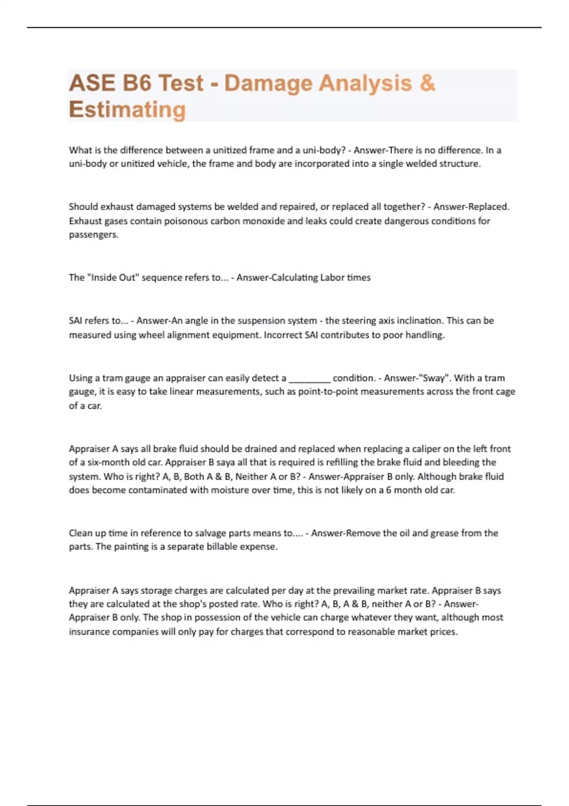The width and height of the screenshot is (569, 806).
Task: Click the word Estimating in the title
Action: [x=127, y=110]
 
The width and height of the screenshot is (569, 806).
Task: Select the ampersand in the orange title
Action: [x=427, y=83]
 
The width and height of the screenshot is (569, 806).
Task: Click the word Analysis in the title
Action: [x=365, y=83]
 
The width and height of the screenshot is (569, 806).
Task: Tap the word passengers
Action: [x=93, y=235]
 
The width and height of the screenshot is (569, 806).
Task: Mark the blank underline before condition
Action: [x=309, y=379]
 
